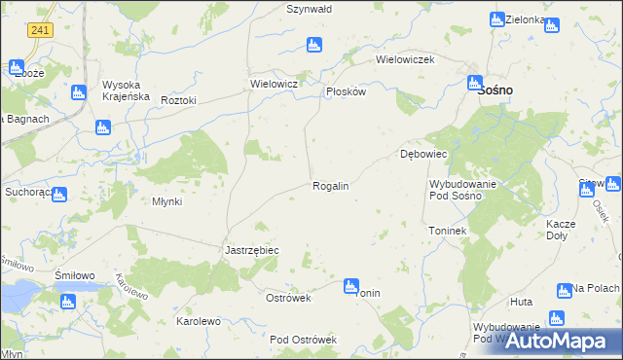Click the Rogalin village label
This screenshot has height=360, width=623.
[x=330, y=186]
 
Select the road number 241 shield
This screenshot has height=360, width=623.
[x=40, y=31]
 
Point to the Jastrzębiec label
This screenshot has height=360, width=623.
[x=252, y=250]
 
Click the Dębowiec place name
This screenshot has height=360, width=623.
[x=422, y=155]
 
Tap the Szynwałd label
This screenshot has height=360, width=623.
[x=310, y=9]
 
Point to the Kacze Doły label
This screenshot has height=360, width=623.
[x=561, y=229]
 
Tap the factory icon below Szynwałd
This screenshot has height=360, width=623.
[x=313, y=45]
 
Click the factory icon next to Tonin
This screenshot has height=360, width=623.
[x=350, y=286]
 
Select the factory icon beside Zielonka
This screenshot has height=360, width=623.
[x=497, y=19]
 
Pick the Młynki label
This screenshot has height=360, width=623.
[x=161, y=202]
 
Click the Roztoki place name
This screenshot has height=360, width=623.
[x=179, y=100]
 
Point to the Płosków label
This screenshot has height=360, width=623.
[x=345, y=91]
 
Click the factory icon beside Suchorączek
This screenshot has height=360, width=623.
[x=58, y=194]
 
